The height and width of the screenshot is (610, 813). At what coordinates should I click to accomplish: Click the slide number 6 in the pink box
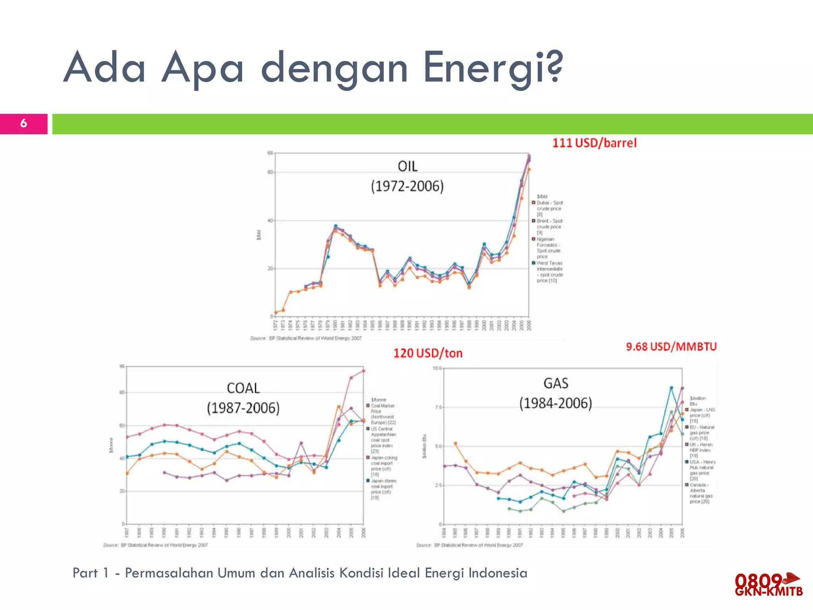(x=24, y=124)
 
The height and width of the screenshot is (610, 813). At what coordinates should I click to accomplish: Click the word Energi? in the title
(x=493, y=68)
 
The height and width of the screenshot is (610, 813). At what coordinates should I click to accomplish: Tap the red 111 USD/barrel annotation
(x=594, y=143)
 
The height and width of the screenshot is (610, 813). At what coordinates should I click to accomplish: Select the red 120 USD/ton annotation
(x=428, y=353)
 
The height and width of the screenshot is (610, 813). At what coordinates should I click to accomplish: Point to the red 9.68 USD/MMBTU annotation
(x=671, y=347)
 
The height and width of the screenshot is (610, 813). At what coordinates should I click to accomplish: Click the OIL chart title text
(x=407, y=166)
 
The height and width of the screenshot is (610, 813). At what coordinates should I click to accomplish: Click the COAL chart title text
(x=243, y=388)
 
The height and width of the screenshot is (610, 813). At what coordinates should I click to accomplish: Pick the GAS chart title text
(x=556, y=383)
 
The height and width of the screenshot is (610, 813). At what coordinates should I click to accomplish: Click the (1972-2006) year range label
(x=407, y=186)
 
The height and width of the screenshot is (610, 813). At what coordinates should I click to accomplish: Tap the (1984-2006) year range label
(x=556, y=403)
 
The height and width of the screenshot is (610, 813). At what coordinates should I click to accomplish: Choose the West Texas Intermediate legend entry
(x=549, y=272)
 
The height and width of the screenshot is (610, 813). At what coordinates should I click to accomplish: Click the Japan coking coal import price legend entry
(x=383, y=466)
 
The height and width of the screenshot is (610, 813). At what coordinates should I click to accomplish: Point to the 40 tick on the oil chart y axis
(x=270, y=220)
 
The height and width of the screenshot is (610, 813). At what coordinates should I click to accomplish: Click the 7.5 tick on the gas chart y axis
(x=437, y=407)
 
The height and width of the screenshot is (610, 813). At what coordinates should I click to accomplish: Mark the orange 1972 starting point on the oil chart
(x=276, y=313)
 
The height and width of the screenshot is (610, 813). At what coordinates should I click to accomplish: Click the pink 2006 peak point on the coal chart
(x=364, y=371)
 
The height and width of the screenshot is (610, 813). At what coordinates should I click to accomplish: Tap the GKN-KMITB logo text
(x=769, y=592)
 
